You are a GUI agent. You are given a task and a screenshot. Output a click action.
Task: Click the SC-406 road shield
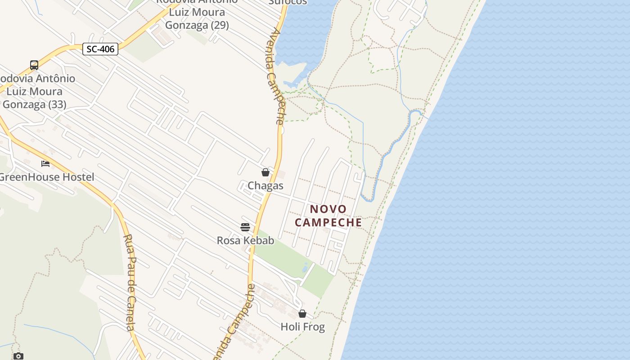100,49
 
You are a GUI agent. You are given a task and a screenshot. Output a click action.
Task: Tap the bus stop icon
34,65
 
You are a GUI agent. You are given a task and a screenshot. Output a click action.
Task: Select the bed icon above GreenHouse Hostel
45,163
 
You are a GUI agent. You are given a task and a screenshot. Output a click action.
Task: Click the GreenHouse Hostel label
47,177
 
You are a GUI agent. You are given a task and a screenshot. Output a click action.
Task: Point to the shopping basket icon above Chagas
265,172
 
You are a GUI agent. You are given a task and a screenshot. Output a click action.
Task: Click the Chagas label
265,186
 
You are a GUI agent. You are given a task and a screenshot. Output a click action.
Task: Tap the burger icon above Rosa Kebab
245,227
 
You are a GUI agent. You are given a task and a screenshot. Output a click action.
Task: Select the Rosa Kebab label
245,241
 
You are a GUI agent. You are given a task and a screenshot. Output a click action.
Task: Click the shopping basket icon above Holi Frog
302,313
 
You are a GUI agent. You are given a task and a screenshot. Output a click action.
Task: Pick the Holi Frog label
302,327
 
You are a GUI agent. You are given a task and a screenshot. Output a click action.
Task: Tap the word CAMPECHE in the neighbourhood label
328,223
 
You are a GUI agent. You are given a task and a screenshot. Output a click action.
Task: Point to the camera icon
18,356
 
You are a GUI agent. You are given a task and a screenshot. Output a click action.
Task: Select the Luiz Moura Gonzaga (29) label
197,19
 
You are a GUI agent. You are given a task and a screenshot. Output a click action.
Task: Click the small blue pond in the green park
306,267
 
